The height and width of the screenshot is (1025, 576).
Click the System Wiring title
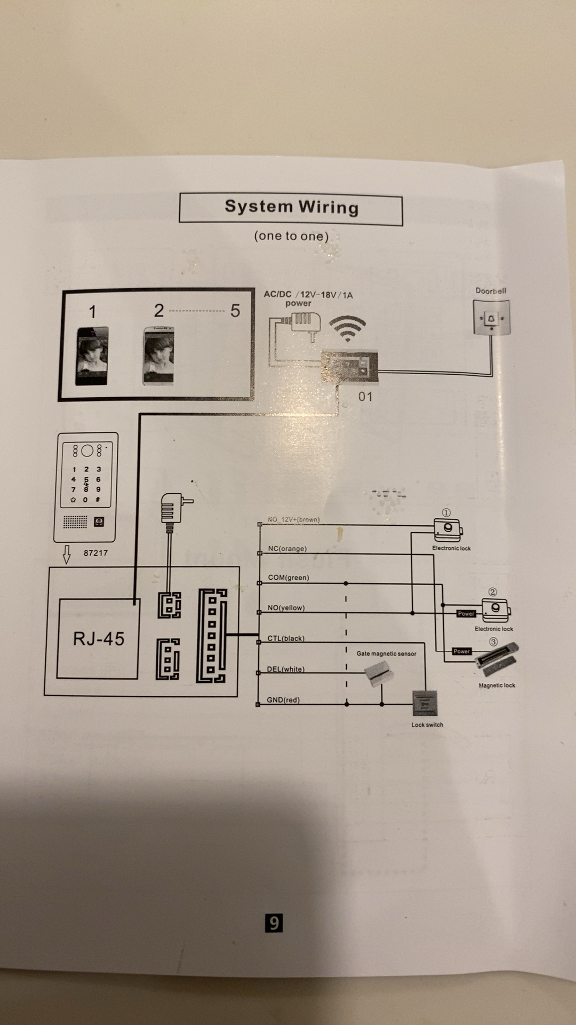pos(291,207)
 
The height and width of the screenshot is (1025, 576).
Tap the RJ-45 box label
pos(99,638)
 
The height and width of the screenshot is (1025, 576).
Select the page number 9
pos(274,922)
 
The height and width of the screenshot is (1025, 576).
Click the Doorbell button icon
pos(491,318)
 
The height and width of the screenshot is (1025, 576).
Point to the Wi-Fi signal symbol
pos(347,328)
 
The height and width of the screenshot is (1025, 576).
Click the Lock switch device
pos(425,703)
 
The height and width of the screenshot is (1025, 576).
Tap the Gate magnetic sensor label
pos(386,653)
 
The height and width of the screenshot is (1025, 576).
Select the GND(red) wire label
pos(283,700)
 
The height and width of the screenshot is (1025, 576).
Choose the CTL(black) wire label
pos(286,638)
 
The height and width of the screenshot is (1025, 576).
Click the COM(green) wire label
pos(289,578)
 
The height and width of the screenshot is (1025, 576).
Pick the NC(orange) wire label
pos(287,549)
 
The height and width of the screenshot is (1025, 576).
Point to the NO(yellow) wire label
pos(286,608)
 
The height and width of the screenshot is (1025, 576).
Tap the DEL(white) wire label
pos(285,669)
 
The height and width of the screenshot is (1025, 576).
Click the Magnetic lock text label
pos(497,685)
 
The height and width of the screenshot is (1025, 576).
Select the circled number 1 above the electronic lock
pos(446,512)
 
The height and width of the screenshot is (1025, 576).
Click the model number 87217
pos(95,553)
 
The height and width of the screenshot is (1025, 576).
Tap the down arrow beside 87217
pos(67,554)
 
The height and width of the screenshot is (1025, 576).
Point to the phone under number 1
pos(92,356)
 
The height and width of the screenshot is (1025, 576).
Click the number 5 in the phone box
pos(235,311)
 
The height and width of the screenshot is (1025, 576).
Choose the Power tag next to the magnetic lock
pos(461,651)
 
